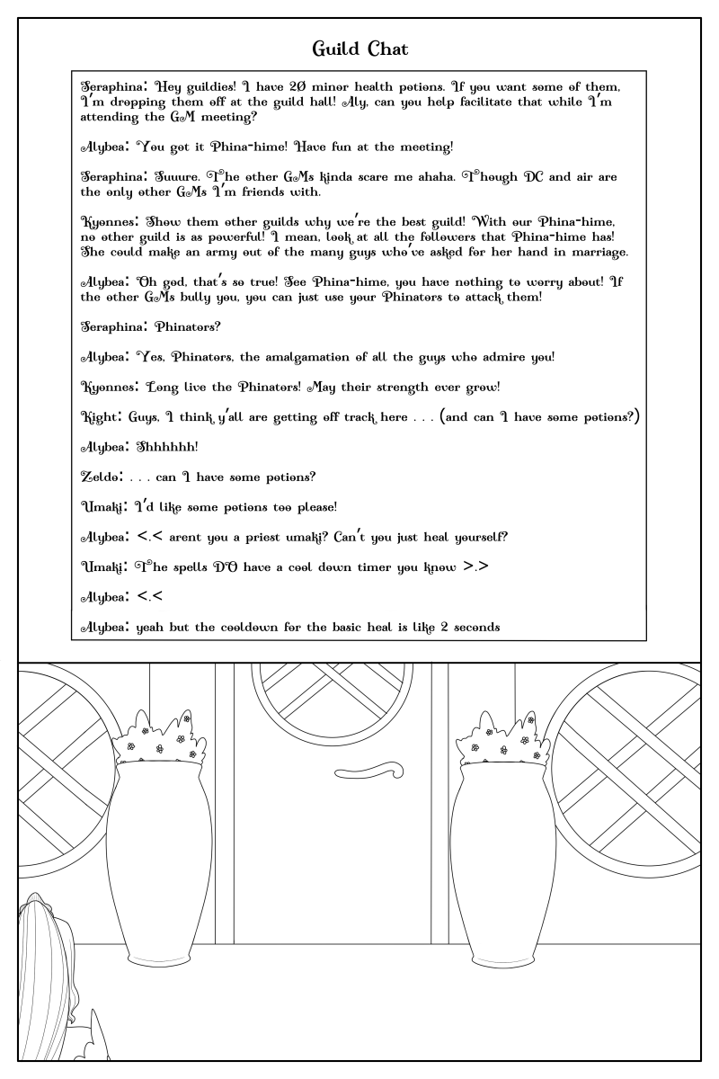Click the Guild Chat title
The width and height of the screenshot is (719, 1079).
click(359, 47)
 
